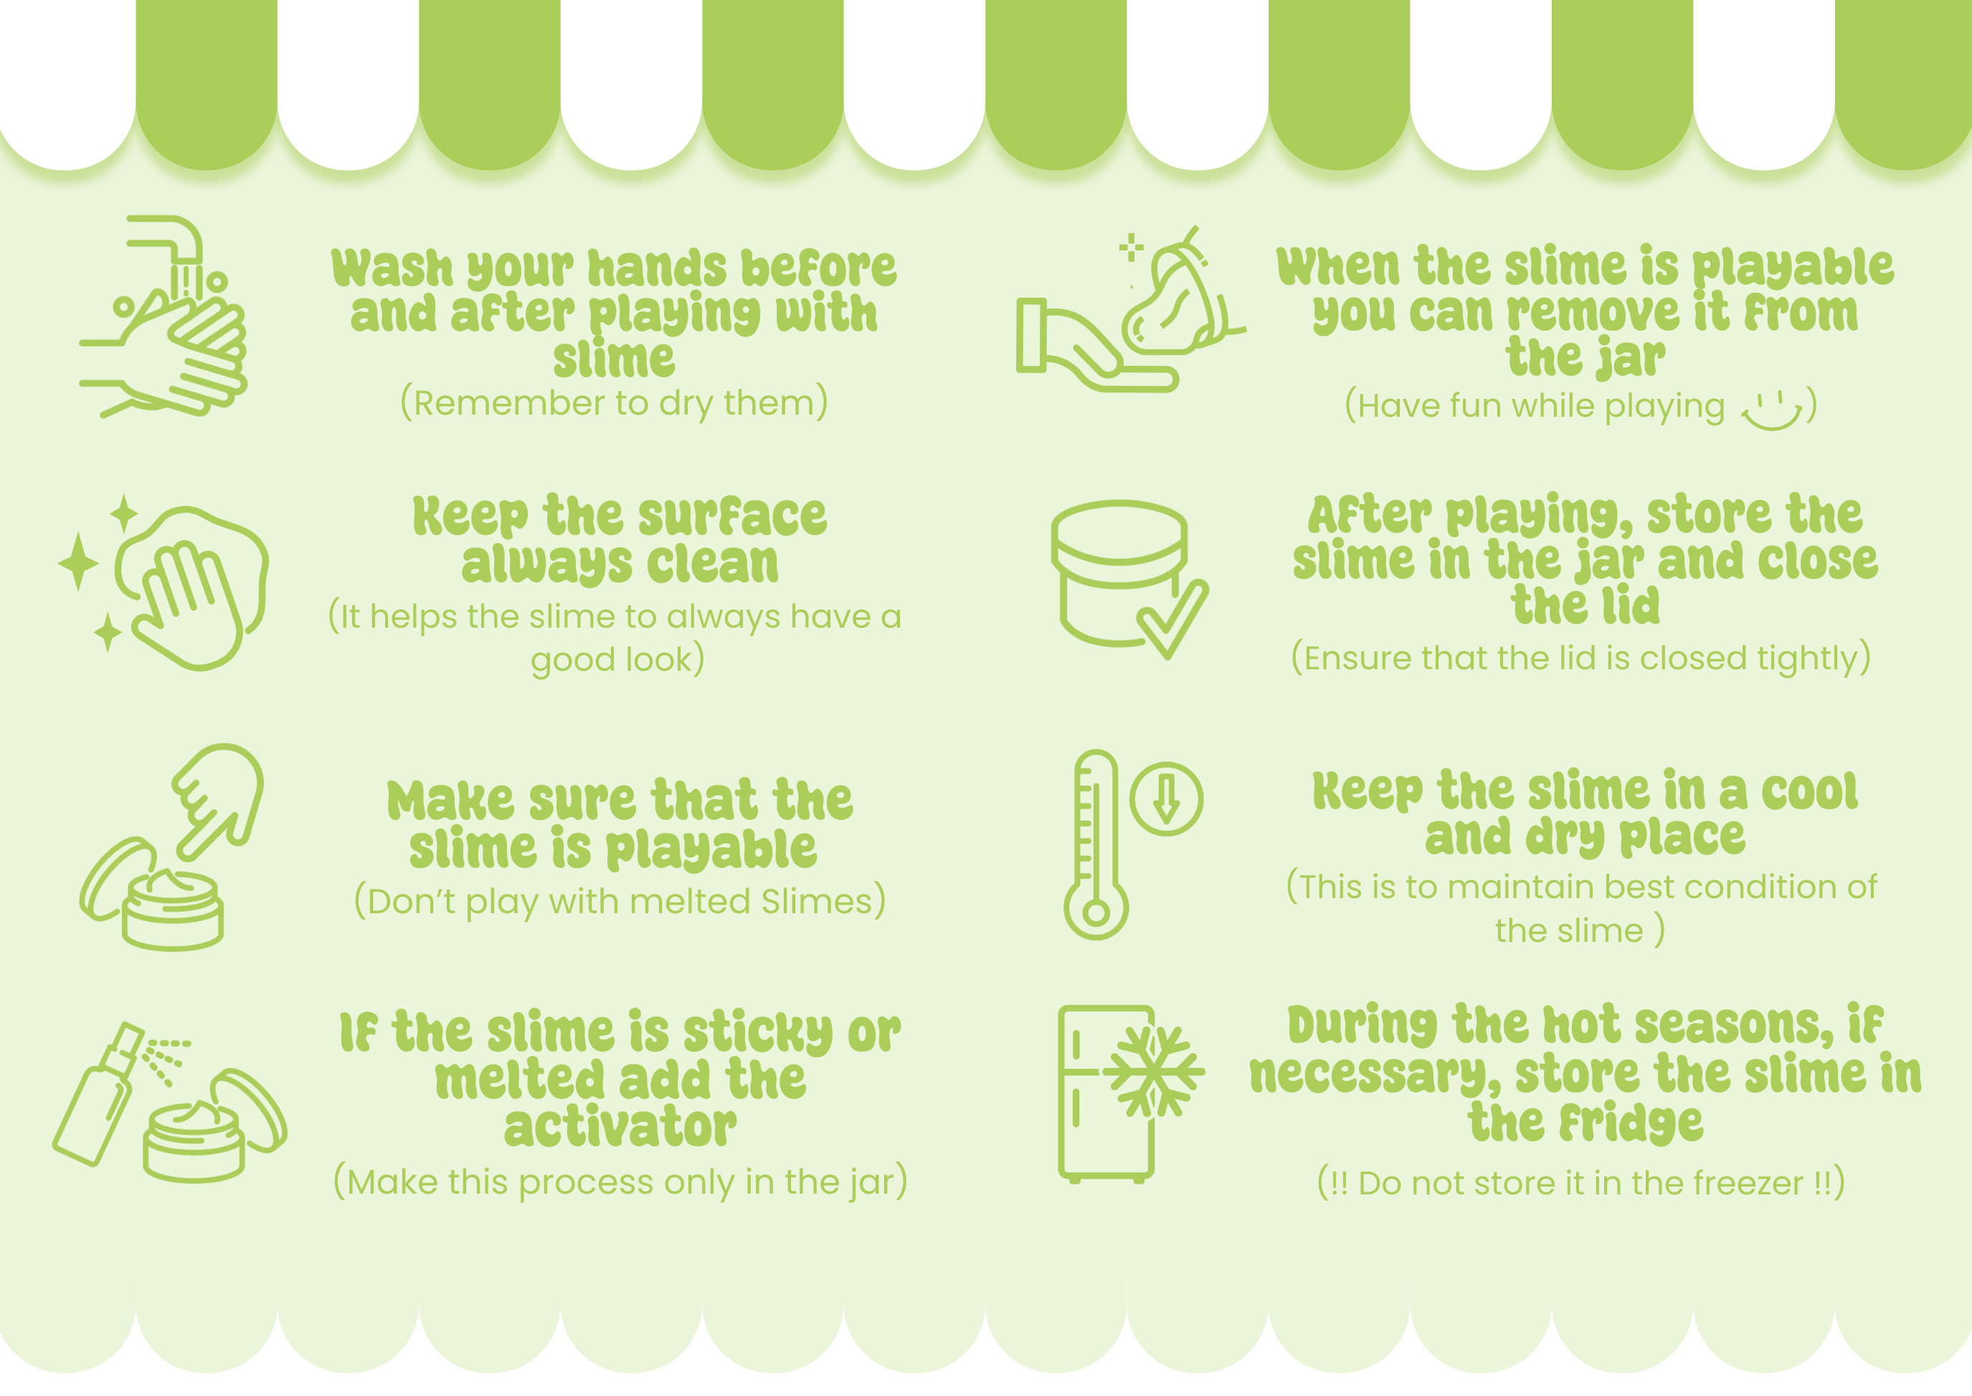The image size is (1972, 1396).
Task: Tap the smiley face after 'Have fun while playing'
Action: click(1772, 411)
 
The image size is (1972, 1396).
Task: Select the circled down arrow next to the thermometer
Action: click(1166, 798)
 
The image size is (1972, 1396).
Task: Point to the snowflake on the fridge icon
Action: click(1153, 1072)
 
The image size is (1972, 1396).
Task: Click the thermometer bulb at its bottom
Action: click(1096, 911)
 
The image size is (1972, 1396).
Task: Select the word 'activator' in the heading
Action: click(620, 1127)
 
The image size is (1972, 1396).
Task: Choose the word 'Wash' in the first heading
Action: click(392, 268)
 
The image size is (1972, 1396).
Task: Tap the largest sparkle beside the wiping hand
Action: click(79, 561)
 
